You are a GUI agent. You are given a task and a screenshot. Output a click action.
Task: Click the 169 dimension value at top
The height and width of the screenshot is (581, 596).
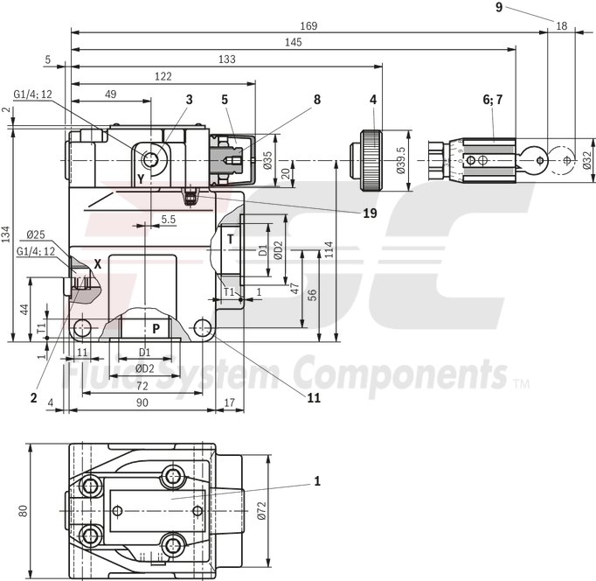308,26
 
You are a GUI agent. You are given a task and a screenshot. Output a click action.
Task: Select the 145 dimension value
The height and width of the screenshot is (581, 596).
294,42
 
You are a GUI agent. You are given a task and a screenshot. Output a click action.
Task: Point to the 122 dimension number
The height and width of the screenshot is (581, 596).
163,76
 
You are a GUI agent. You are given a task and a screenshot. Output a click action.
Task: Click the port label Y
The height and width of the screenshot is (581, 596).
140,178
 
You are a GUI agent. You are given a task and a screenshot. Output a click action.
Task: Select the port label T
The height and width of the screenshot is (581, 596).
231,239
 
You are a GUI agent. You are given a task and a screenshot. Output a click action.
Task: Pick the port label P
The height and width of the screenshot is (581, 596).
156,328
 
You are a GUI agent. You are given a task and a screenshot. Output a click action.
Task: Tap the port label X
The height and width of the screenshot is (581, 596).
98,262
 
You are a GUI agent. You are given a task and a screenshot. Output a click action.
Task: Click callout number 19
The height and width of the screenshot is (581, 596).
371,213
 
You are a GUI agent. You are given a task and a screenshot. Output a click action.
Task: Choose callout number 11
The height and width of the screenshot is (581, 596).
313,398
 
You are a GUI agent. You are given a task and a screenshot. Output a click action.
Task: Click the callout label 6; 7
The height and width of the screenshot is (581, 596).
493,100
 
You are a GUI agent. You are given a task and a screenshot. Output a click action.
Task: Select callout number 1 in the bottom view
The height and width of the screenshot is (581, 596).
317,480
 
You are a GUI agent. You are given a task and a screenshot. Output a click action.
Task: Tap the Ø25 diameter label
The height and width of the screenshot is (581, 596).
36,234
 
